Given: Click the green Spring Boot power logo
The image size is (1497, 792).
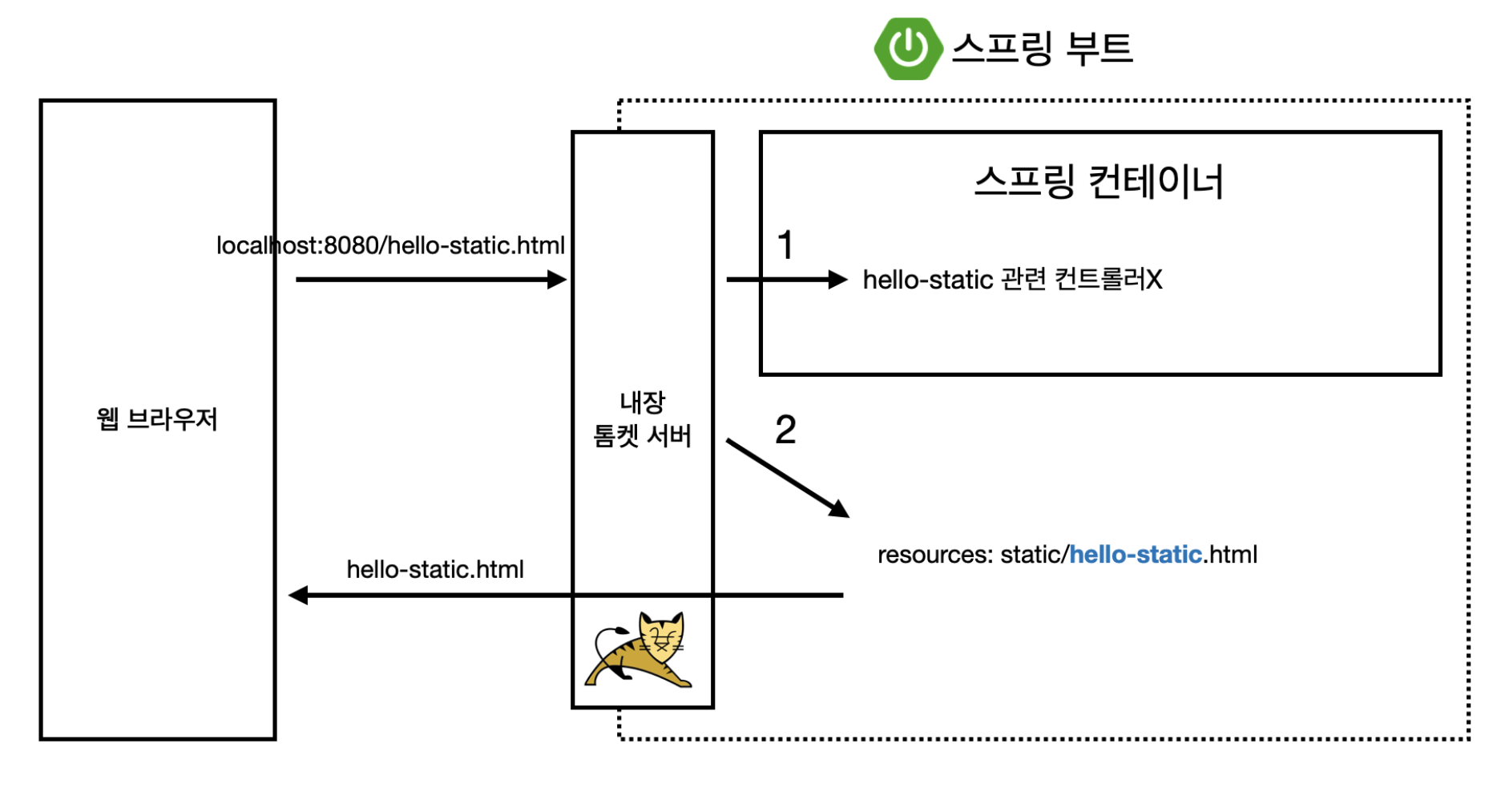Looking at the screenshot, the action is [907, 48].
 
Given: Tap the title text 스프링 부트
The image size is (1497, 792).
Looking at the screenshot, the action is [1042, 48].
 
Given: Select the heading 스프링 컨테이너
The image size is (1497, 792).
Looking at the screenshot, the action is [1099, 182].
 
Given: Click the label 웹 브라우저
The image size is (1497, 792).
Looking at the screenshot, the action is [157, 418].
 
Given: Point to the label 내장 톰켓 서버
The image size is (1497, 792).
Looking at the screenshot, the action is [642, 418].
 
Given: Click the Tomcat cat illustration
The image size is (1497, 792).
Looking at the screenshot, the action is [641, 650].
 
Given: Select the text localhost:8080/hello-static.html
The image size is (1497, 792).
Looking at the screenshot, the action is [390, 245].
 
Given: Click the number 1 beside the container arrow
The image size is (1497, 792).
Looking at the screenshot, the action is [785, 245].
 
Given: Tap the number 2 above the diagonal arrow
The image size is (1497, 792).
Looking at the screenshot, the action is [785, 430].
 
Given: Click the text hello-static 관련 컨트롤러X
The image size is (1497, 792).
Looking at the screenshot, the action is [1011, 280].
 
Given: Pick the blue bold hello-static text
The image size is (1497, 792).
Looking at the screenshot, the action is [1135, 555].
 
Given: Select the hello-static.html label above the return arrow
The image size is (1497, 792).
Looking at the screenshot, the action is [434, 569].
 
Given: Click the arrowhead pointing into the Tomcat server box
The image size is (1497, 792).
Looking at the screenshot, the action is [558, 280].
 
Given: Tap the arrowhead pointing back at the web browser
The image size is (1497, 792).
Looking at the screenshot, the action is [298, 596].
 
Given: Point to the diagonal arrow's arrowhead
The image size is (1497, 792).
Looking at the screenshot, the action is [839, 509].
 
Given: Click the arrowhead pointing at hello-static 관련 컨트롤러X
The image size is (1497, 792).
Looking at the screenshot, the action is [838, 280].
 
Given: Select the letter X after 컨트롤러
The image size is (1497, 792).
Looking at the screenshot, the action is [1154, 280].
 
